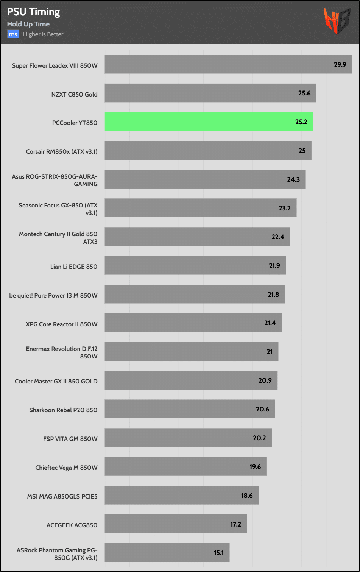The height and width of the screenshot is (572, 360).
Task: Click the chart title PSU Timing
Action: tap(33, 12)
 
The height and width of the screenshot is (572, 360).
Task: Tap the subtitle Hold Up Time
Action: tap(28, 24)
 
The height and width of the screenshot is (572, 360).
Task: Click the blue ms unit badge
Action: tap(13, 34)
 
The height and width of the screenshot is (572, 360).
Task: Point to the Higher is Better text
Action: tap(43, 34)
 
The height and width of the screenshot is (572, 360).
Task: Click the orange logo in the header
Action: tap(337, 21)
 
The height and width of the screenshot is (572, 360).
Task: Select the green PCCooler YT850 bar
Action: tap(209, 122)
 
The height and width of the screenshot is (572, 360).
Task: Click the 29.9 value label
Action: tap(340, 64)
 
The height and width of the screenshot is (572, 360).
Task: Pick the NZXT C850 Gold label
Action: tap(74, 94)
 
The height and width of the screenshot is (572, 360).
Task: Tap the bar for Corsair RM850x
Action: tap(208, 151)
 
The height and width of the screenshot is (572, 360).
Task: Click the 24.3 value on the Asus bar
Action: tap(293, 179)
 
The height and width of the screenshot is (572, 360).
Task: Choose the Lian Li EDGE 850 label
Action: tap(74, 267)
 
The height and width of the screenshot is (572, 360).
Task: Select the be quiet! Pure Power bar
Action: tap(195, 295)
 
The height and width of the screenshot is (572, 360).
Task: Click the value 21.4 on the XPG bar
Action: tap(270, 323)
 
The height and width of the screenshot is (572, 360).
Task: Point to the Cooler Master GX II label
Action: tap(56, 381)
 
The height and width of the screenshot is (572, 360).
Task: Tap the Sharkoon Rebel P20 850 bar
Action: tap(190, 409)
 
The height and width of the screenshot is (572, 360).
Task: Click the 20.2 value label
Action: tap(259, 438)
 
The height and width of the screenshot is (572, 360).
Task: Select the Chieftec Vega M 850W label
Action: tap(66, 468)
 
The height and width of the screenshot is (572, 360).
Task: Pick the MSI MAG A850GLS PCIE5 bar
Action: tap(181, 496)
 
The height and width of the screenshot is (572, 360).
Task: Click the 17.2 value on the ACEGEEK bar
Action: tap(235, 524)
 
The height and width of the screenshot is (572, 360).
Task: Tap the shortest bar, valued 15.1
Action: tap(167, 553)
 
